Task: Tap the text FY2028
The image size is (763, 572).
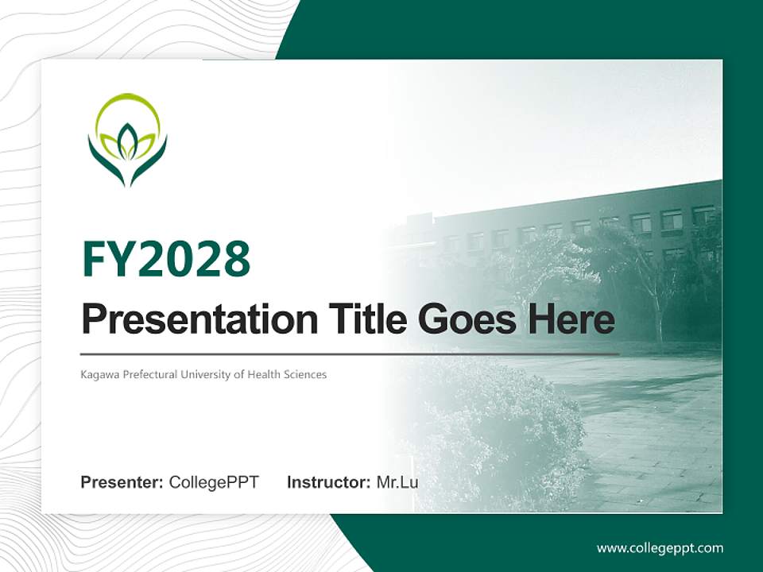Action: (166, 260)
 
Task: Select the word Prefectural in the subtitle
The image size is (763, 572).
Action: (147, 374)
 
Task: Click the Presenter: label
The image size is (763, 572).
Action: (122, 482)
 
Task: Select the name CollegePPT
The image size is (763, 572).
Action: (214, 482)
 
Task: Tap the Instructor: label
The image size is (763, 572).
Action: (328, 482)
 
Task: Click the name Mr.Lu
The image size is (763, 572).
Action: (397, 482)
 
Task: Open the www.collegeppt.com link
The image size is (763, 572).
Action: (660, 548)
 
